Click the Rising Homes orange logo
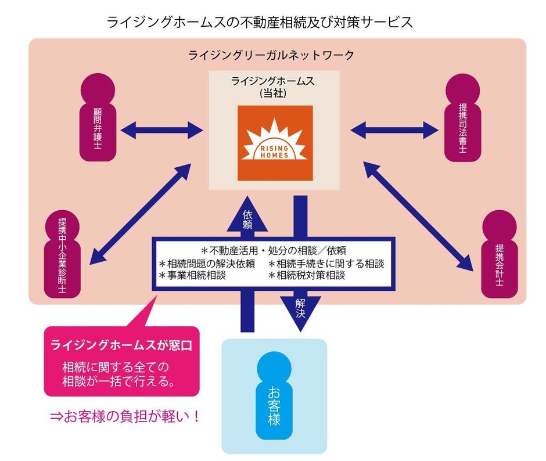pos(274,142)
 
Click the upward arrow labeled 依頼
pos(248,218)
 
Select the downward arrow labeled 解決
pos(300,308)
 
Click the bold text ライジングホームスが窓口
pos(121,345)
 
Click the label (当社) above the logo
pos(273,92)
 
